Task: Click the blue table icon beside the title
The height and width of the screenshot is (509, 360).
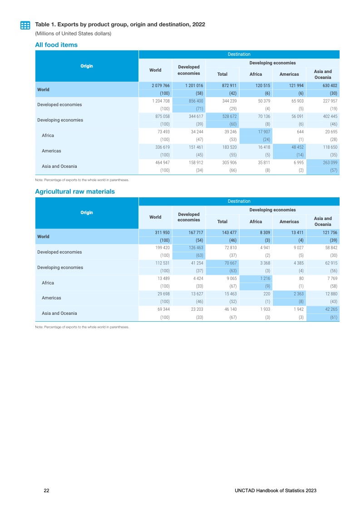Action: (25, 25)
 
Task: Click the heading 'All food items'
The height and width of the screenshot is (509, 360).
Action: (56, 44)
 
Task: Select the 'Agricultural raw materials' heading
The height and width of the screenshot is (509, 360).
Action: (75, 191)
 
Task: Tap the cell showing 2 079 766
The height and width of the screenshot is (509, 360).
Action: (161, 86)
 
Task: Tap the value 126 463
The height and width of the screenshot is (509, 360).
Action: (193, 248)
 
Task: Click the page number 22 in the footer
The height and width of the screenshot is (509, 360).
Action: (46, 491)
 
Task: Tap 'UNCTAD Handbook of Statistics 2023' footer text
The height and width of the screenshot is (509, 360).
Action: (276, 491)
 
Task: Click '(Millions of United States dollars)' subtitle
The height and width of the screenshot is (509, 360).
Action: (73, 34)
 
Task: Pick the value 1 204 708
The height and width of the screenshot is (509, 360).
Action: (161, 101)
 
